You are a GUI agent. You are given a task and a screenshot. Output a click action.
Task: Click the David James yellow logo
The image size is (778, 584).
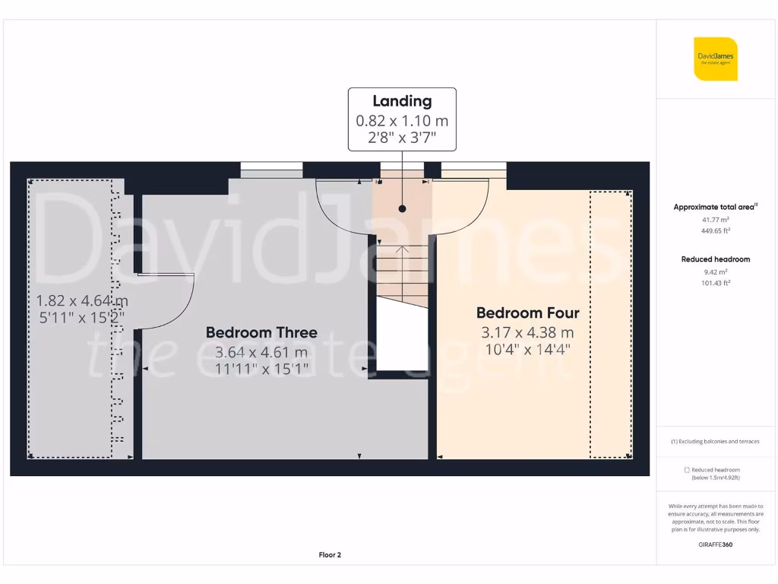coord(715,59)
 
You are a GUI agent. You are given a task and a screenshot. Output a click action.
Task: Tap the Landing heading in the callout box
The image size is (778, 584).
coord(402,101)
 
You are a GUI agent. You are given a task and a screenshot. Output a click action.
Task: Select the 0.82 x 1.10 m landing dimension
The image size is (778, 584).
coord(402,120)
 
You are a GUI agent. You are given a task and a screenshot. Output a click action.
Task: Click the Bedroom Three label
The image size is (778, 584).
coord(261,332)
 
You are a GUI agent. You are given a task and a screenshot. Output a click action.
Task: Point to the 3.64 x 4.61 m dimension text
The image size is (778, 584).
coord(261,352)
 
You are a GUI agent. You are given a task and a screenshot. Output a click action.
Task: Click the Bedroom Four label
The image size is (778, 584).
coord(527,313)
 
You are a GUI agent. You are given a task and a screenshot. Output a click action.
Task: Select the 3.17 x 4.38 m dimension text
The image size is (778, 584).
coord(527,332)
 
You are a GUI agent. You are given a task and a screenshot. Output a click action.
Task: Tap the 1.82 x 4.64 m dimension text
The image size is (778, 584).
coord(82,300)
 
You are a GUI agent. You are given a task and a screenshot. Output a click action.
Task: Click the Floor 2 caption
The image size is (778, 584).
coord(330,555)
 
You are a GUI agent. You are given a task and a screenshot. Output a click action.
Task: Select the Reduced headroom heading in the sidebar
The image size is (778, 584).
coord(715,259)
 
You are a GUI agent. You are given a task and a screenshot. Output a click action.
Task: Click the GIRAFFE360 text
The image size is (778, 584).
coord(715,544)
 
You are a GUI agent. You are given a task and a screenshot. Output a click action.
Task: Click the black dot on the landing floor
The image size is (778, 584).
coord(402,208)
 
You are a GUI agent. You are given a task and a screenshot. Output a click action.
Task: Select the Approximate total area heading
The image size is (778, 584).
coord(715,207)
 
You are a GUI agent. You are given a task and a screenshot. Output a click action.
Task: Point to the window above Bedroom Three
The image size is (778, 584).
coord(271,170)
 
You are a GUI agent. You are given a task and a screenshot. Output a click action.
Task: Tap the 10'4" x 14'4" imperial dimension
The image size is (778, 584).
coord(527,351)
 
